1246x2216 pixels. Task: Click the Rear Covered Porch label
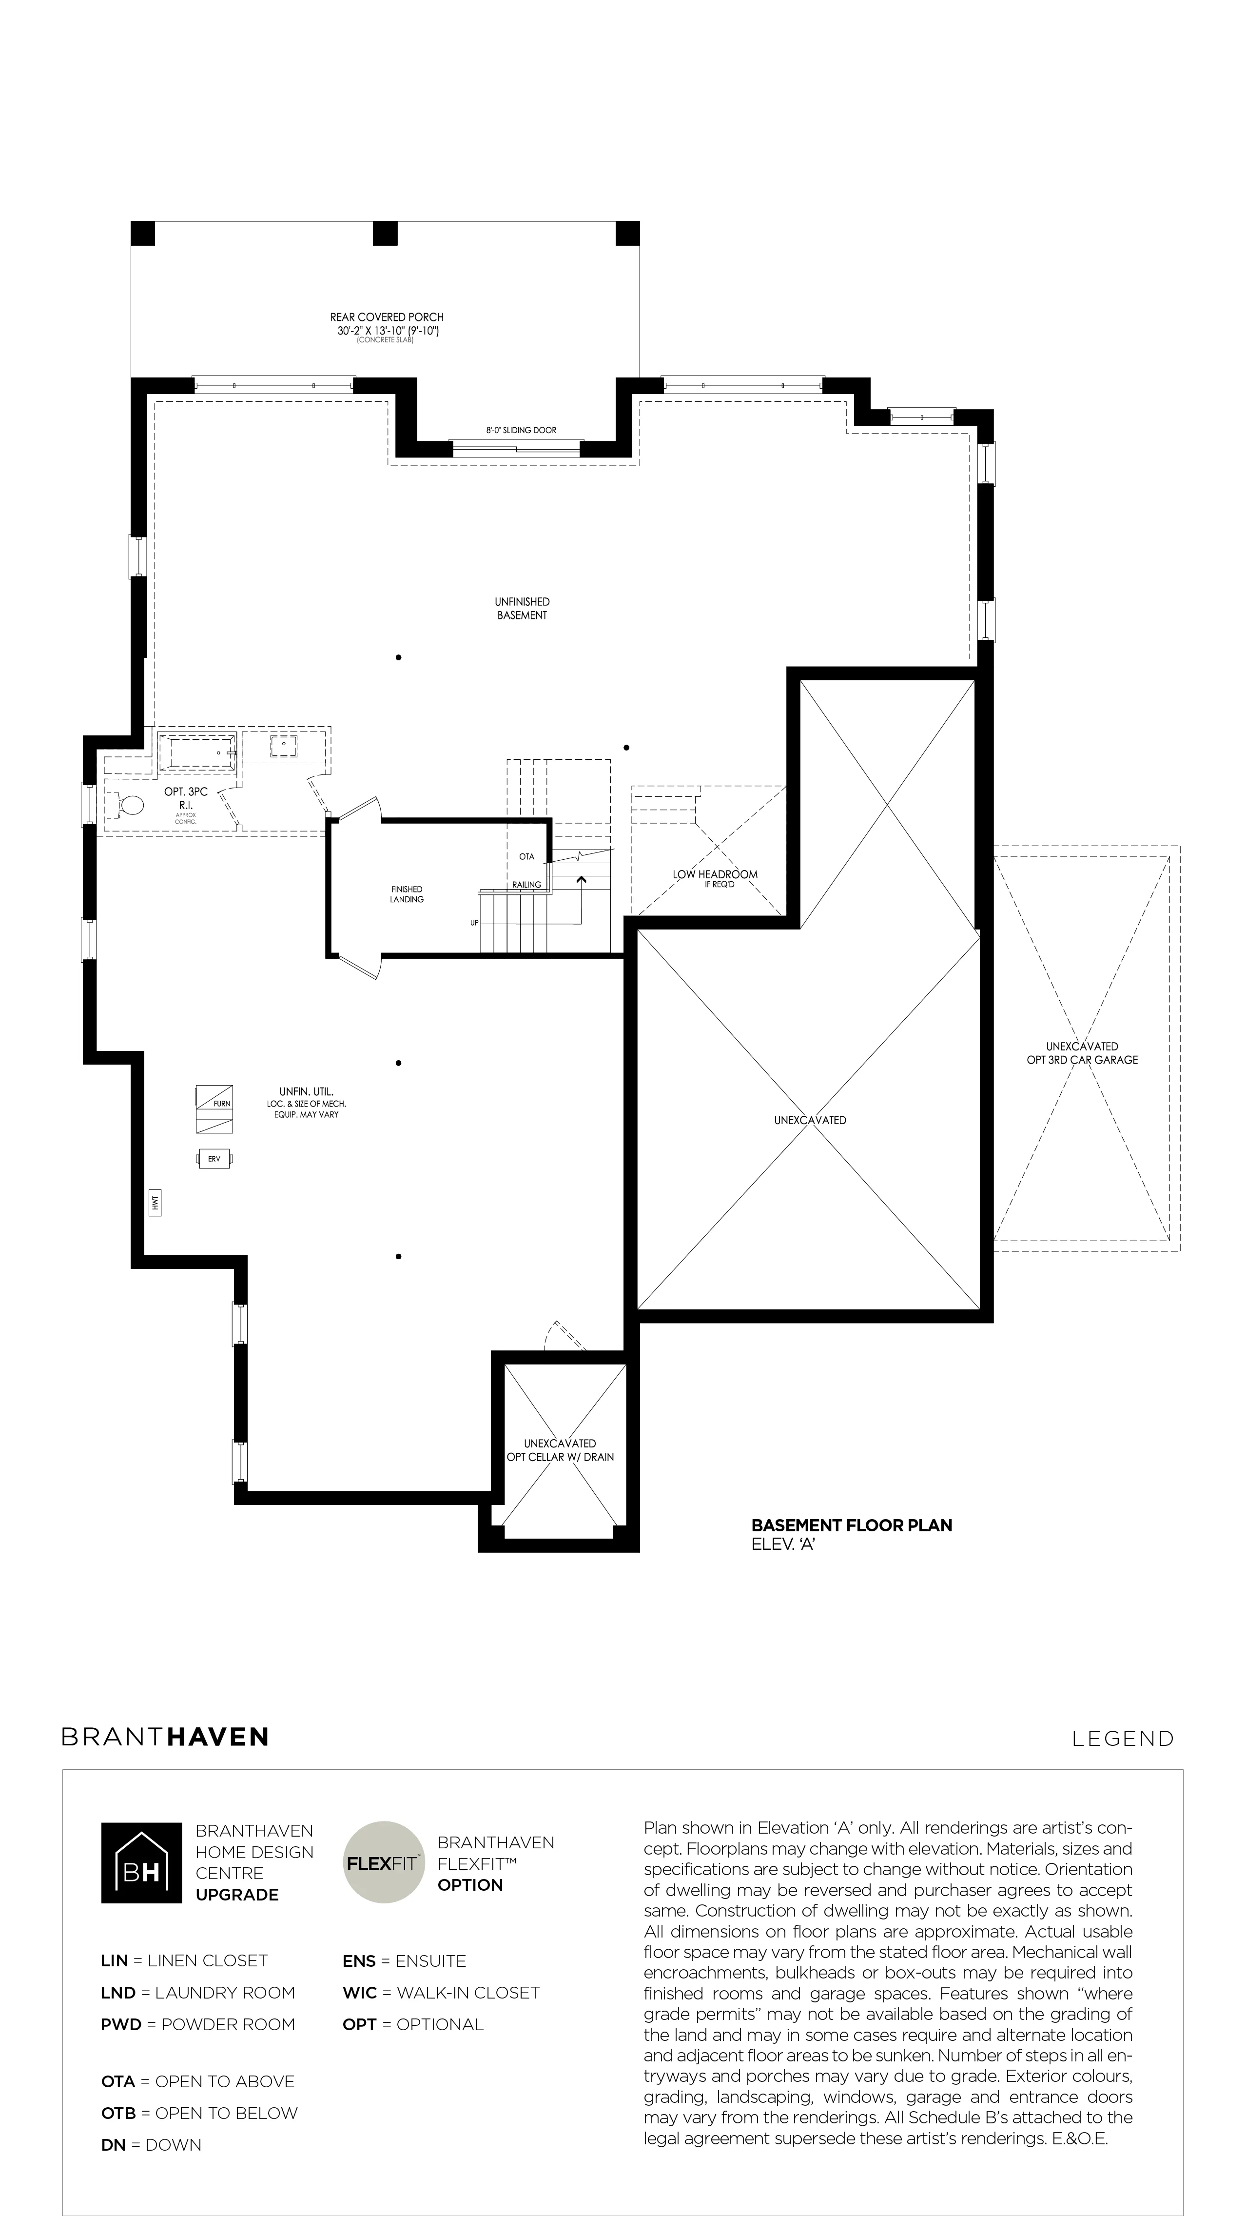pyautogui.click(x=387, y=317)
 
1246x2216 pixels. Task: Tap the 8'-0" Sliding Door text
pyautogui.click(x=521, y=430)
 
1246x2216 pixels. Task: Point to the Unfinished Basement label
pyautogui.click(x=522, y=608)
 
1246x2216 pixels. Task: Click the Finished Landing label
pyautogui.click(x=407, y=894)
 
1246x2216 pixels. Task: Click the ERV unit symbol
pyautogui.click(x=214, y=1159)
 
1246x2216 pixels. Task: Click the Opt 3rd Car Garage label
pyautogui.click(x=1082, y=1060)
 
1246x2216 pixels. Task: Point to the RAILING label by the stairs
pyautogui.click(x=527, y=884)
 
